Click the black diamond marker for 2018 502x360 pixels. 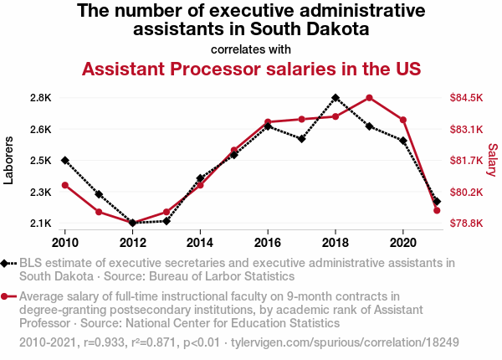pos(336,98)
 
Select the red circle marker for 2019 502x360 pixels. pos(369,98)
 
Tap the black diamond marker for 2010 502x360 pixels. pos(65,160)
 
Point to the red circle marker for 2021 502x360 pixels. pos(437,210)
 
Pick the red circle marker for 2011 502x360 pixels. pos(99,212)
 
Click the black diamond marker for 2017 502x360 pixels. pos(301,139)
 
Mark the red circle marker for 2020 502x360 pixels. pos(403,120)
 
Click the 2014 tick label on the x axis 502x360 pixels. pos(200,242)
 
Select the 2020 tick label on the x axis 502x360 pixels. pos(403,242)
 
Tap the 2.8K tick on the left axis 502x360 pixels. pos(40,98)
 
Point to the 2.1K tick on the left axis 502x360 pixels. pos(40,224)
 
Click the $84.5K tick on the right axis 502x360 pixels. pos(467,98)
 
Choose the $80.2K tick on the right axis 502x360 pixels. pos(467,193)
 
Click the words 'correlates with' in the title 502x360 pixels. pos(251,49)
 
